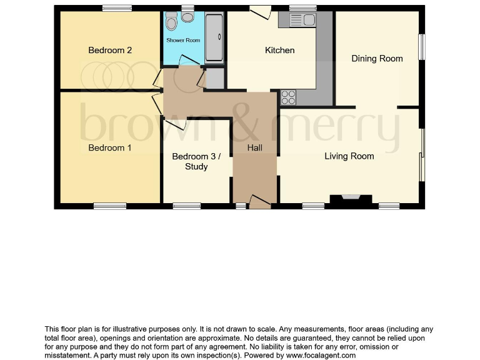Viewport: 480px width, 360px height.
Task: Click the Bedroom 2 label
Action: point(110,50)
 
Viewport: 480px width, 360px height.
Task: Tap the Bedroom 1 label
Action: point(110,147)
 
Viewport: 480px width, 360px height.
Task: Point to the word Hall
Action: point(254,148)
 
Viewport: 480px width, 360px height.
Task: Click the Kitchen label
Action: point(279,50)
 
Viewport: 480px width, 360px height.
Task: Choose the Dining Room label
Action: point(377,59)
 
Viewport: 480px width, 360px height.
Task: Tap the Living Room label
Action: point(349,156)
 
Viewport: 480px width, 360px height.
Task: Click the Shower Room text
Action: point(183,41)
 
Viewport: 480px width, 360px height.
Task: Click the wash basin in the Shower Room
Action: point(171,22)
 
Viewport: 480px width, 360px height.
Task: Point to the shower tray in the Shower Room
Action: point(214,37)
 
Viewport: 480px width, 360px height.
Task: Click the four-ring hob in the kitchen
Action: point(288,97)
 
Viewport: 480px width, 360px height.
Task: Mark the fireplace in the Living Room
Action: point(351,199)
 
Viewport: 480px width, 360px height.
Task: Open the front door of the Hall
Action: point(259,201)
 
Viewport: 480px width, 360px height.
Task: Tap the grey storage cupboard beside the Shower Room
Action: point(214,78)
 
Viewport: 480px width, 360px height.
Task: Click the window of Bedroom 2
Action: point(117,8)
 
